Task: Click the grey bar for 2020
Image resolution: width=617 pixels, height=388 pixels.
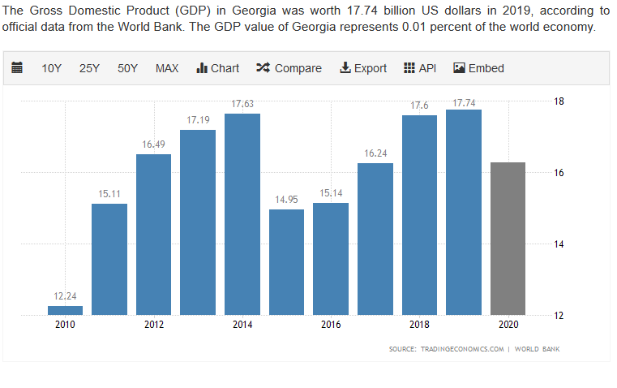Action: (x=508, y=239)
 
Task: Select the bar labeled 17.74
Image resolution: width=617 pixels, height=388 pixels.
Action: (x=464, y=212)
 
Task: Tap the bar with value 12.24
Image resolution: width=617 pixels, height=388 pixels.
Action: (x=65, y=310)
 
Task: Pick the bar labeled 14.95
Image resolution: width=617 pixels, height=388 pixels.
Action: (x=286, y=261)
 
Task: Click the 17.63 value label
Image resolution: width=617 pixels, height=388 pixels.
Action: (x=242, y=104)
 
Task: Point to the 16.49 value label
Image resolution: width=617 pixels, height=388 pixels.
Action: (x=153, y=144)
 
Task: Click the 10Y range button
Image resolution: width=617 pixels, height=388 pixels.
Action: (x=52, y=68)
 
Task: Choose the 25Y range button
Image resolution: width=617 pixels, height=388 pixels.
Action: (x=89, y=68)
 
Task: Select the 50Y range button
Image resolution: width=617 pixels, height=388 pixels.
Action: (x=127, y=68)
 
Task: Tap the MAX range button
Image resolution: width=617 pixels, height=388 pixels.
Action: (x=167, y=68)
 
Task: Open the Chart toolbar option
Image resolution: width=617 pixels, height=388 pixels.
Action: (x=218, y=68)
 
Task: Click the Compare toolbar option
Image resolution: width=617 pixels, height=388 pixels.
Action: (x=289, y=68)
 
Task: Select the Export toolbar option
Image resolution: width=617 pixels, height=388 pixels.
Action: (x=363, y=68)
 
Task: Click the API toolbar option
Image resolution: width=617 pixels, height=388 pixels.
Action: (x=420, y=68)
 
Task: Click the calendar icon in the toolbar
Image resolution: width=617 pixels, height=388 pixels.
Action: (x=17, y=68)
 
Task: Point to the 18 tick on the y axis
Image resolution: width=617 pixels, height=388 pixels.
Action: (x=559, y=101)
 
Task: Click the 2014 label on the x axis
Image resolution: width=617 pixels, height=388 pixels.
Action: (x=242, y=325)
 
